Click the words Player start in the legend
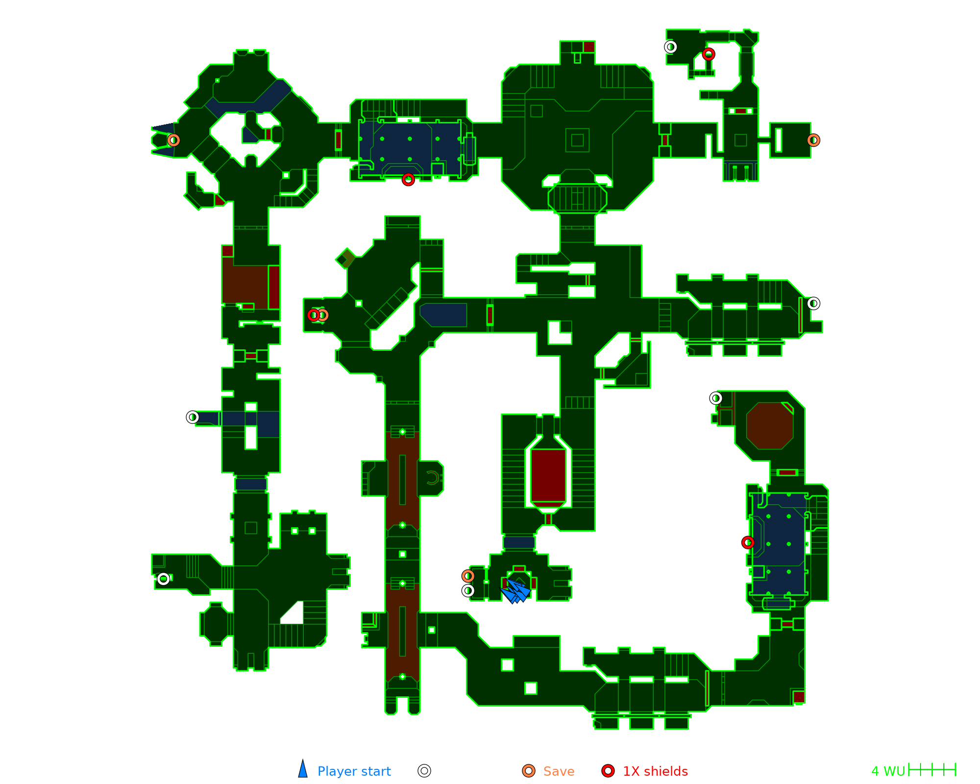coord(354,771)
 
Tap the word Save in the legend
coord(559,771)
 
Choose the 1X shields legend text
coord(655,771)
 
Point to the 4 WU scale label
coord(888,771)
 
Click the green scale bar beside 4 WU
coord(932,770)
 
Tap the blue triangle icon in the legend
coord(303,770)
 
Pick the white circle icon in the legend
coord(424,771)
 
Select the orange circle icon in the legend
coord(529,771)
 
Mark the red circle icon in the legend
coord(608,771)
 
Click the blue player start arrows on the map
coord(516,590)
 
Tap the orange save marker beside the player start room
coord(468,576)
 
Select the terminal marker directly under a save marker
coord(468,590)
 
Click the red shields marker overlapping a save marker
coord(314,315)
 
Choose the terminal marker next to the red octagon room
coord(716,398)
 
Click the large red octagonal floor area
coord(770,426)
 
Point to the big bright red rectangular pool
coord(548,475)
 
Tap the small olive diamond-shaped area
coord(346,258)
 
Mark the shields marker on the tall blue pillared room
coord(748,542)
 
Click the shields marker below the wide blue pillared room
coord(408,180)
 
